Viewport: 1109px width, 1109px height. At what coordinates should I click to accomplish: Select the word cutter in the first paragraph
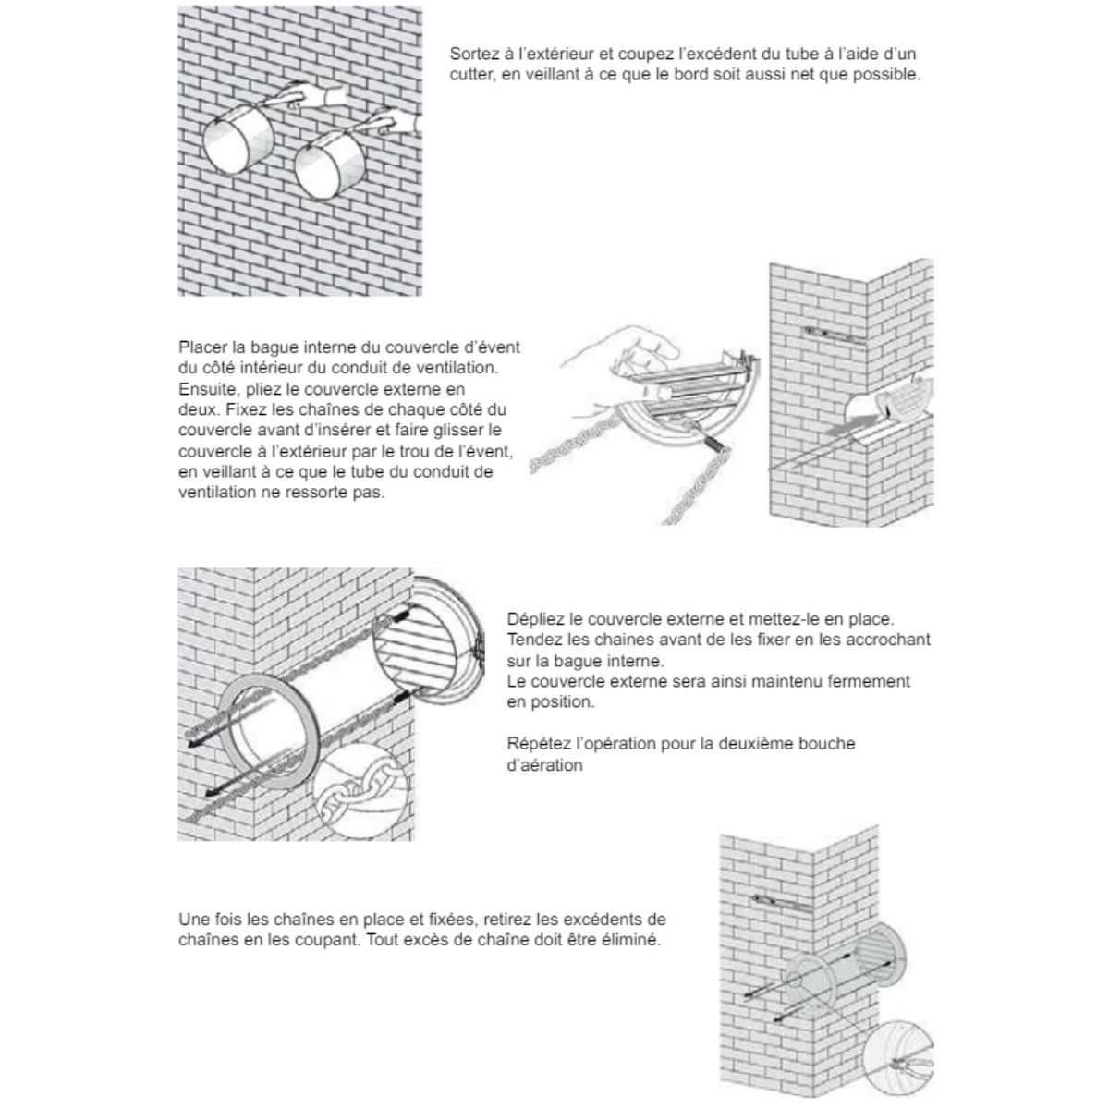pyautogui.click(x=472, y=75)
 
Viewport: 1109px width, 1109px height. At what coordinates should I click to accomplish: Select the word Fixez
pyautogui.click(x=238, y=409)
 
